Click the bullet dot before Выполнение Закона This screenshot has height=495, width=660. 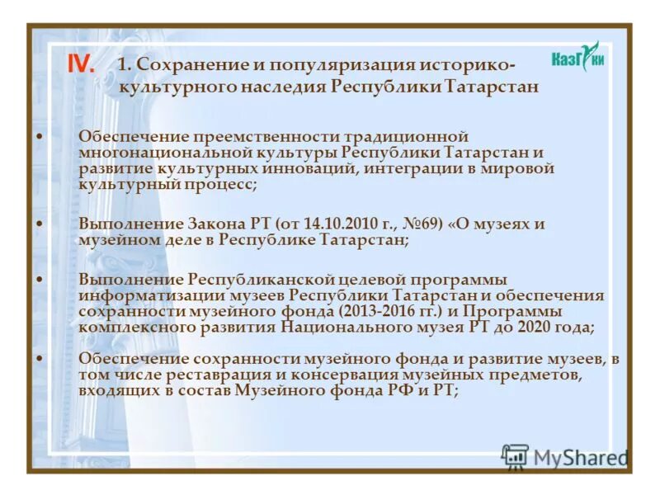pyautogui.click(x=41, y=224)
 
